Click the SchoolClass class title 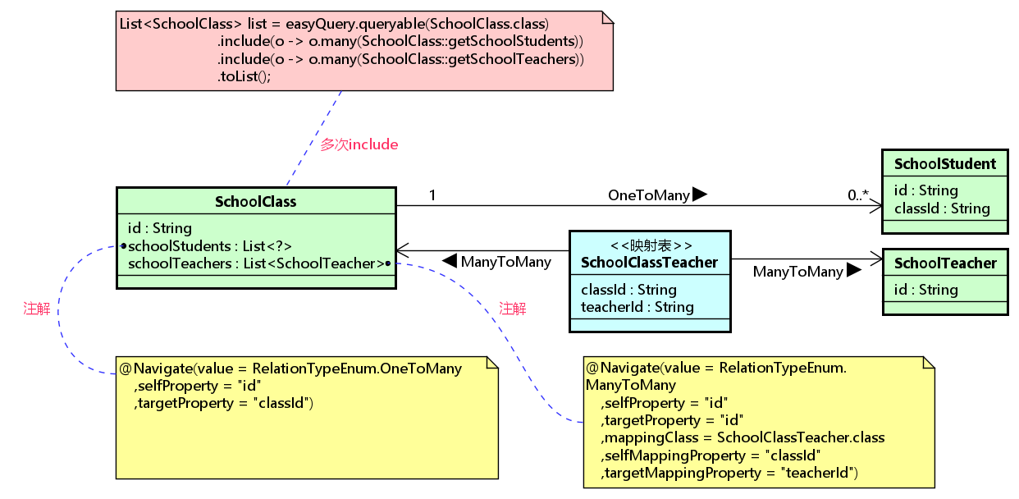pyautogui.click(x=256, y=202)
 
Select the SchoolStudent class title pyautogui.click(x=945, y=164)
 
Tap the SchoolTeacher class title pyautogui.click(x=945, y=263)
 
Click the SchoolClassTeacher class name pyautogui.click(x=649, y=263)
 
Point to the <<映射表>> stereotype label pyautogui.click(x=651, y=245)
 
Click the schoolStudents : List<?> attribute pyautogui.click(x=210, y=246)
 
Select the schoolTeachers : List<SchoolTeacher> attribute pyautogui.click(x=257, y=263)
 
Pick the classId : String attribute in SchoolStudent pyautogui.click(x=942, y=208)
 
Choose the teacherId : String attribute pyautogui.click(x=637, y=307)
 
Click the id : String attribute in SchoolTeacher pyautogui.click(x=925, y=289)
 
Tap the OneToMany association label pyautogui.click(x=649, y=195)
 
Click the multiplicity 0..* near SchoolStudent pyautogui.click(x=858, y=195)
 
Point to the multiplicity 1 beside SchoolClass pyautogui.click(x=432, y=195)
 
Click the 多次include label pyautogui.click(x=359, y=144)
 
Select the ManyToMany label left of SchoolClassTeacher pyautogui.click(x=506, y=262)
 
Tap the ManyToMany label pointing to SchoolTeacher pyautogui.click(x=798, y=272)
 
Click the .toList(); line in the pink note pyautogui.click(x=244, y=76)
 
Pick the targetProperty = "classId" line pyautogui.click(x=224, y=403)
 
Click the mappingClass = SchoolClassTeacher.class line pyautogui.click(x=743, y=437)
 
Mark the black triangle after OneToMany pyautogui.click(x=700, y=194)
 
